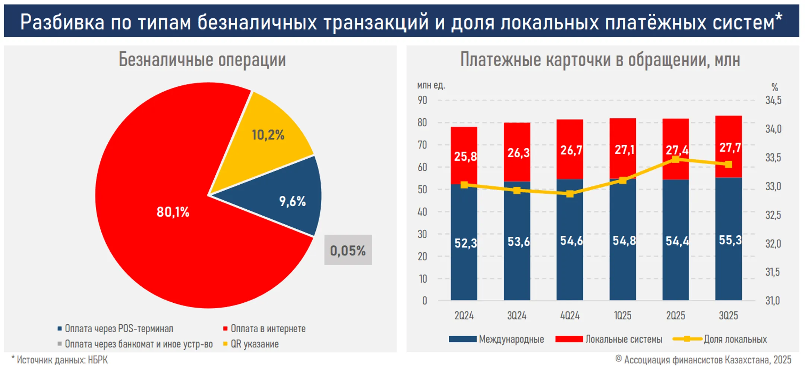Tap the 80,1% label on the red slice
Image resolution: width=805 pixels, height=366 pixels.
(x=173, y=212)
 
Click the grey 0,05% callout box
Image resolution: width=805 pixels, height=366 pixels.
(x=348, y=250)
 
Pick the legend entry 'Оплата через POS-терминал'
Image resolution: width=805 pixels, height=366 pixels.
(x=119, y=328)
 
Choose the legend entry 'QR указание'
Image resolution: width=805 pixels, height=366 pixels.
(x=254, y=344)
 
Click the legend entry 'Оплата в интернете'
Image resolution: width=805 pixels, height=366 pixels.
(x=268, y=328)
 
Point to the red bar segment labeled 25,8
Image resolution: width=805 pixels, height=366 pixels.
(x=464, y=156)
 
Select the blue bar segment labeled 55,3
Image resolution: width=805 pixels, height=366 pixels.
(x=728, y=240)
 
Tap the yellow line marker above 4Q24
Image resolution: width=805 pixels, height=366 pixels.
(x=569, y=194)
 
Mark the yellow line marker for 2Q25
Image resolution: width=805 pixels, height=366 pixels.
(x=675, y=159)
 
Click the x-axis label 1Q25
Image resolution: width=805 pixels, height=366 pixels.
(x=622, y=315)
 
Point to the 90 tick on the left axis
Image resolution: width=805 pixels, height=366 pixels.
(x=422, y=100)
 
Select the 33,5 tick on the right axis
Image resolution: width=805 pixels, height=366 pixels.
(x=773, y=157)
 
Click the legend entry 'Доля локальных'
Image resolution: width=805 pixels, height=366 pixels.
(x=735, y=339)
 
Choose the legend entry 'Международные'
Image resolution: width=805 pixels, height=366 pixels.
(x=511, y=339)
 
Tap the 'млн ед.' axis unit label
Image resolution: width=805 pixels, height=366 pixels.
(x=431, y=85)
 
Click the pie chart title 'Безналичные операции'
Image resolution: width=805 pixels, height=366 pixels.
(x=202, y=60)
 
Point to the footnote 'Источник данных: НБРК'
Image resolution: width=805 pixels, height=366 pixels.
(x=62, y=360)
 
